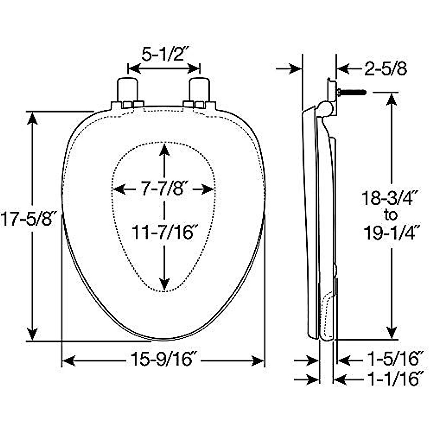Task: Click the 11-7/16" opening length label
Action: tap(162, 233)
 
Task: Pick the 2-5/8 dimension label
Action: tap(386, 69)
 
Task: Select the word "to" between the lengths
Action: tap(391, 215)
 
